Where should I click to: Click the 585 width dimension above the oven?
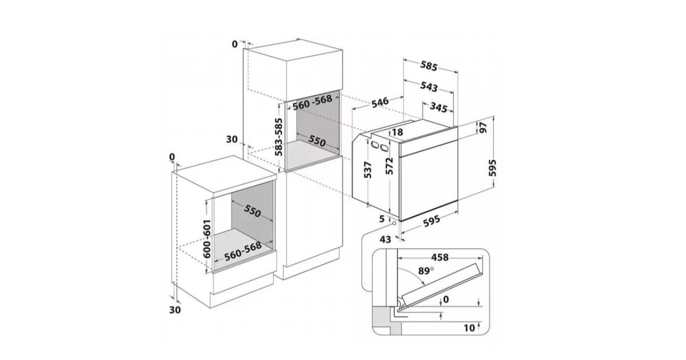(x=428, y=66)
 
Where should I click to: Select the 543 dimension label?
(x=429, y=87)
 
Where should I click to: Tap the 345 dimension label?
(x=438, y=107)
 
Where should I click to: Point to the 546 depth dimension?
(x=380, y=102)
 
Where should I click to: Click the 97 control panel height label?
(x=483, y=127)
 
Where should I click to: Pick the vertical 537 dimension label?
(x=368, y=170)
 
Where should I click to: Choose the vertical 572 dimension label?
(x=389, y=166)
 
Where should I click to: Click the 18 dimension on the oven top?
(x=397, y=132)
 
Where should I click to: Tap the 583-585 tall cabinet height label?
(x=278, y=137)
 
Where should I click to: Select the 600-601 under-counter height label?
(x=207, y=239)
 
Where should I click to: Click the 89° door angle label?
(x=426, y=271)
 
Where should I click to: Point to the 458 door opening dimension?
(x=440, y=258)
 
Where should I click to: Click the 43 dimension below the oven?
(x=385, y=239)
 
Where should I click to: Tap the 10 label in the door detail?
(x=469, y=328)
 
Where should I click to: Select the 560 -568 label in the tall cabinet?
(x=312, y=102)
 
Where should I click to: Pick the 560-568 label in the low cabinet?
(x=243, y=251)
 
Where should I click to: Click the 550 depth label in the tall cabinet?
(x=317, y=141)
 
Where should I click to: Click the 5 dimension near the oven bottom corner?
(x=382, y=219)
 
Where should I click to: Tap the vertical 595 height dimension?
(x=492, y=168)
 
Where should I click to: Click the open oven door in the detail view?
(x=441, y=285)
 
